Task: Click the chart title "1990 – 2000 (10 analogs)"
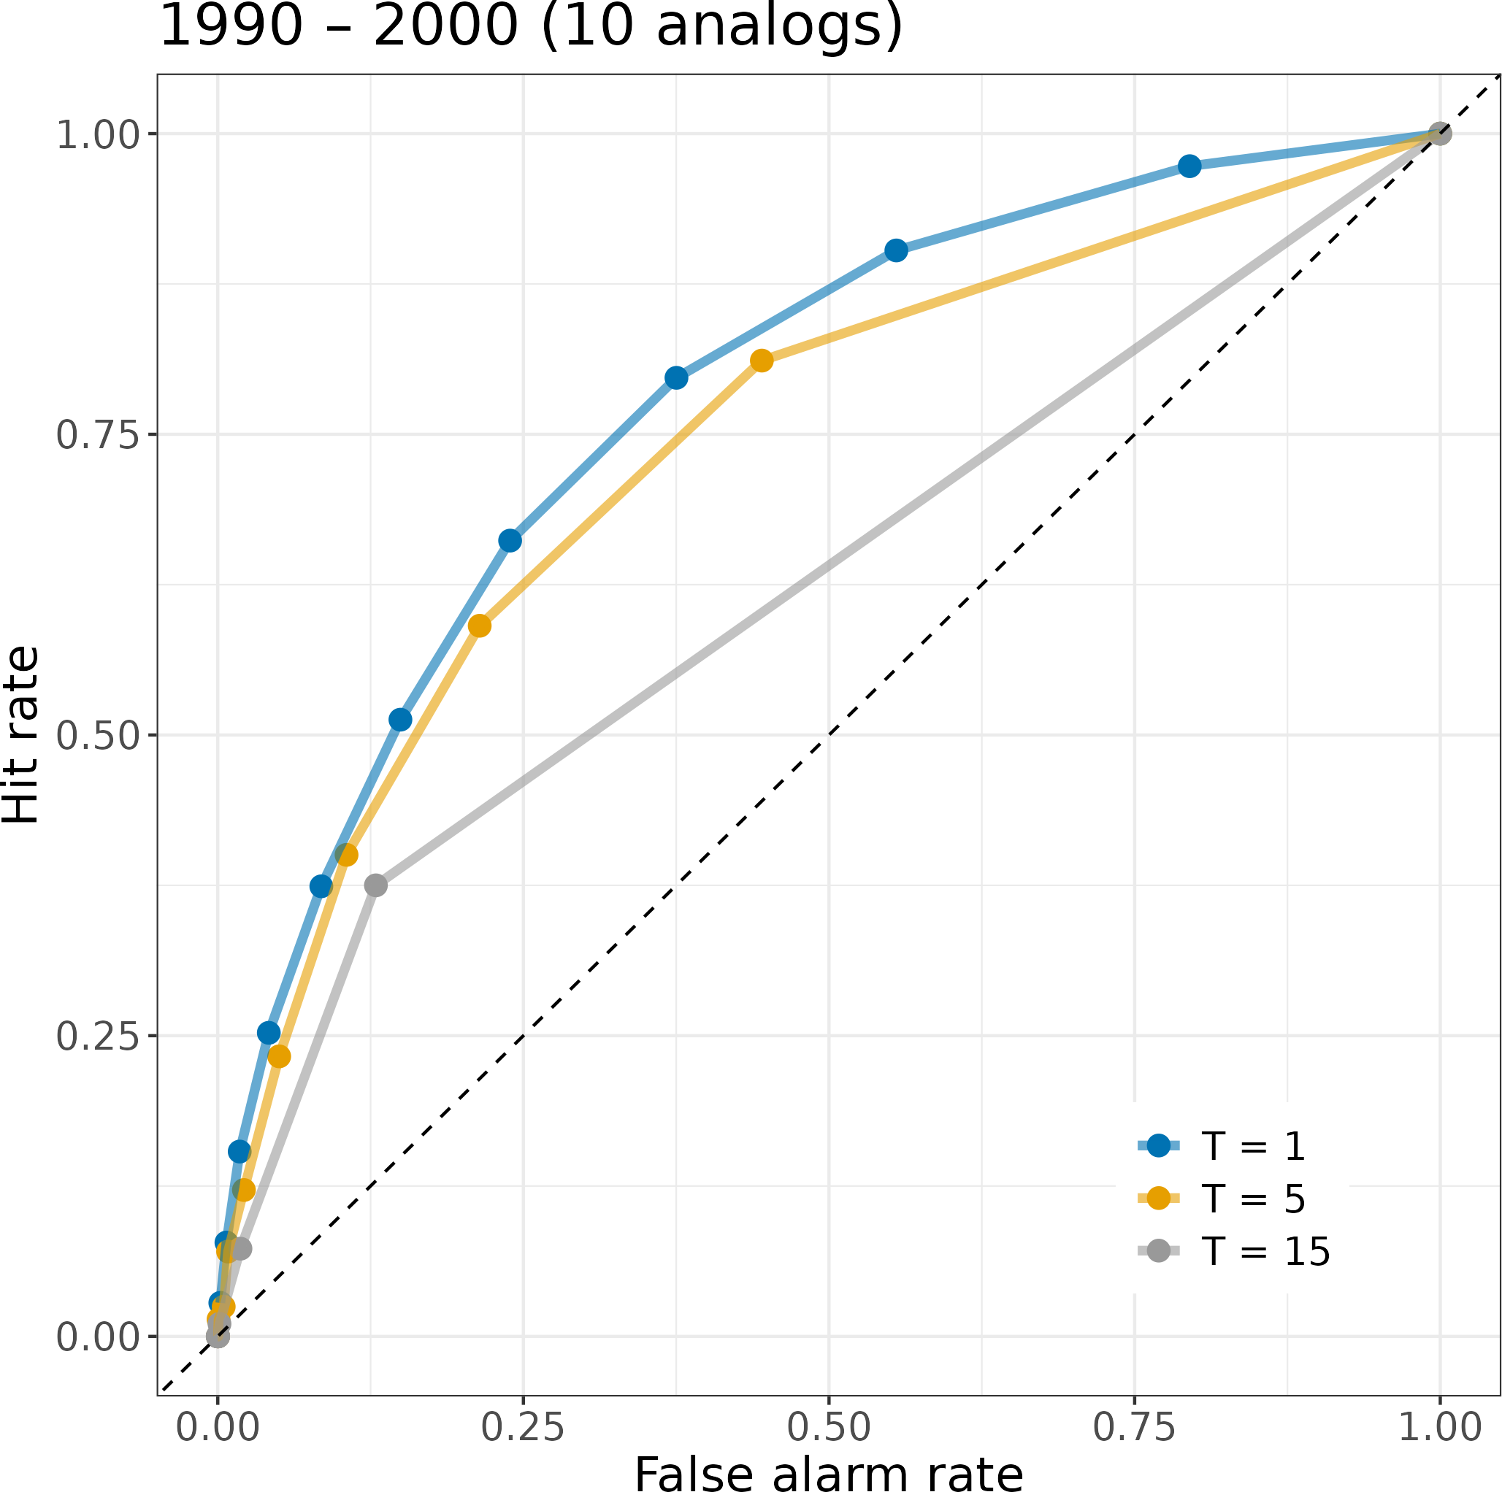[530, 26]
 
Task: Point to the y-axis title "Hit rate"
[22, 734]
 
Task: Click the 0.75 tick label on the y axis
[97, 435]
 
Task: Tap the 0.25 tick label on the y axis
[97, 1036]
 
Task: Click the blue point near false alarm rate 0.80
[1189, 166]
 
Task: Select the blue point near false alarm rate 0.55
[896, 250]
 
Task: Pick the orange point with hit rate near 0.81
[761, 361]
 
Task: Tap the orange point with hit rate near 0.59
[480, 626]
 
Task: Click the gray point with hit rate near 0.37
[375, 885]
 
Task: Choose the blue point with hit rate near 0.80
[676, 377]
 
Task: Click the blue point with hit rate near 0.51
[400, 720]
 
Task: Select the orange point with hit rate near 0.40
[346, 855]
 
